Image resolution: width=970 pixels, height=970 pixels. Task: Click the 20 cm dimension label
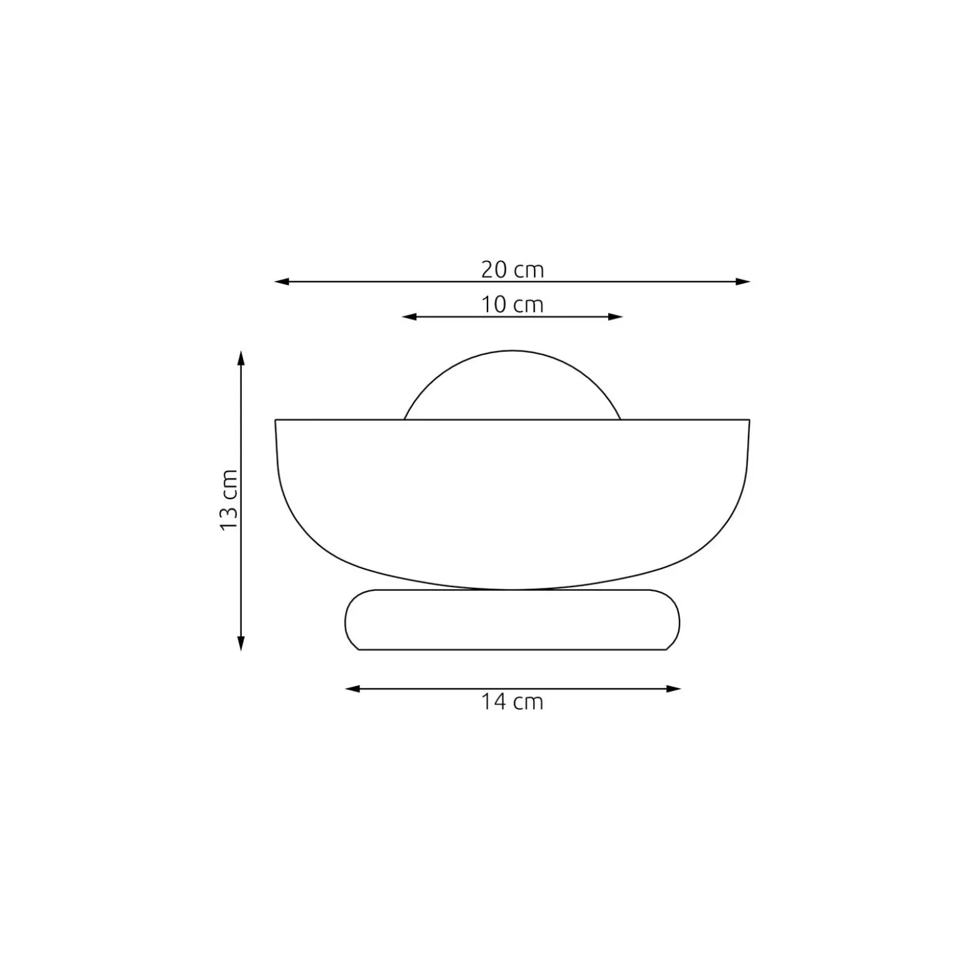[x=512, y=270]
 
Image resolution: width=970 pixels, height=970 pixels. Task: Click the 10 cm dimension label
[x=512, y=305]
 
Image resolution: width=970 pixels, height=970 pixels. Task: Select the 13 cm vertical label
[x=229, y=500]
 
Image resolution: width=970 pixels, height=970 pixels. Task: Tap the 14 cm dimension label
[x=512, y=702]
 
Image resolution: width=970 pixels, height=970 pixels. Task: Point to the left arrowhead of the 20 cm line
[x=282, y=282]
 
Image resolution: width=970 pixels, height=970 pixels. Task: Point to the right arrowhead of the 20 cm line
[x=743, y=282]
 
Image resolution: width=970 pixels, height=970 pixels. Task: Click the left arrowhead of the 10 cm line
[x=409, y=317]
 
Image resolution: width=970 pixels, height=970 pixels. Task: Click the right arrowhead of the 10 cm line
[x=616, y=317]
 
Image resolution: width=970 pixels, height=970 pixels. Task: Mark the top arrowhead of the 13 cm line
[x=241, y=358]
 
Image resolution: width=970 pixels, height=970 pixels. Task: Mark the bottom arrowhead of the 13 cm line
[x=241, y=643]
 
